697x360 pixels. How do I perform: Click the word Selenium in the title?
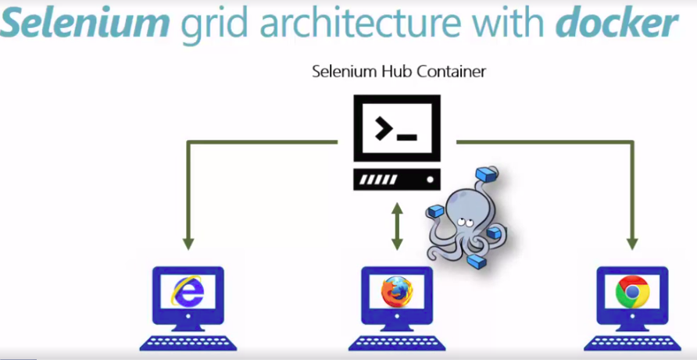pyautogui.click(x=84, y=25)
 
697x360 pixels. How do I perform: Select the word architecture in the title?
pyautogui.click(x=359, y=25)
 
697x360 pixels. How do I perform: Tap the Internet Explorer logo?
pyautogui.click(x=188, y=294)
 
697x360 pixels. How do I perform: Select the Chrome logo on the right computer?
pyautogui.click(x=631, y=294)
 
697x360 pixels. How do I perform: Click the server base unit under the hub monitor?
pyautogui.click(x=396, y=180)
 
